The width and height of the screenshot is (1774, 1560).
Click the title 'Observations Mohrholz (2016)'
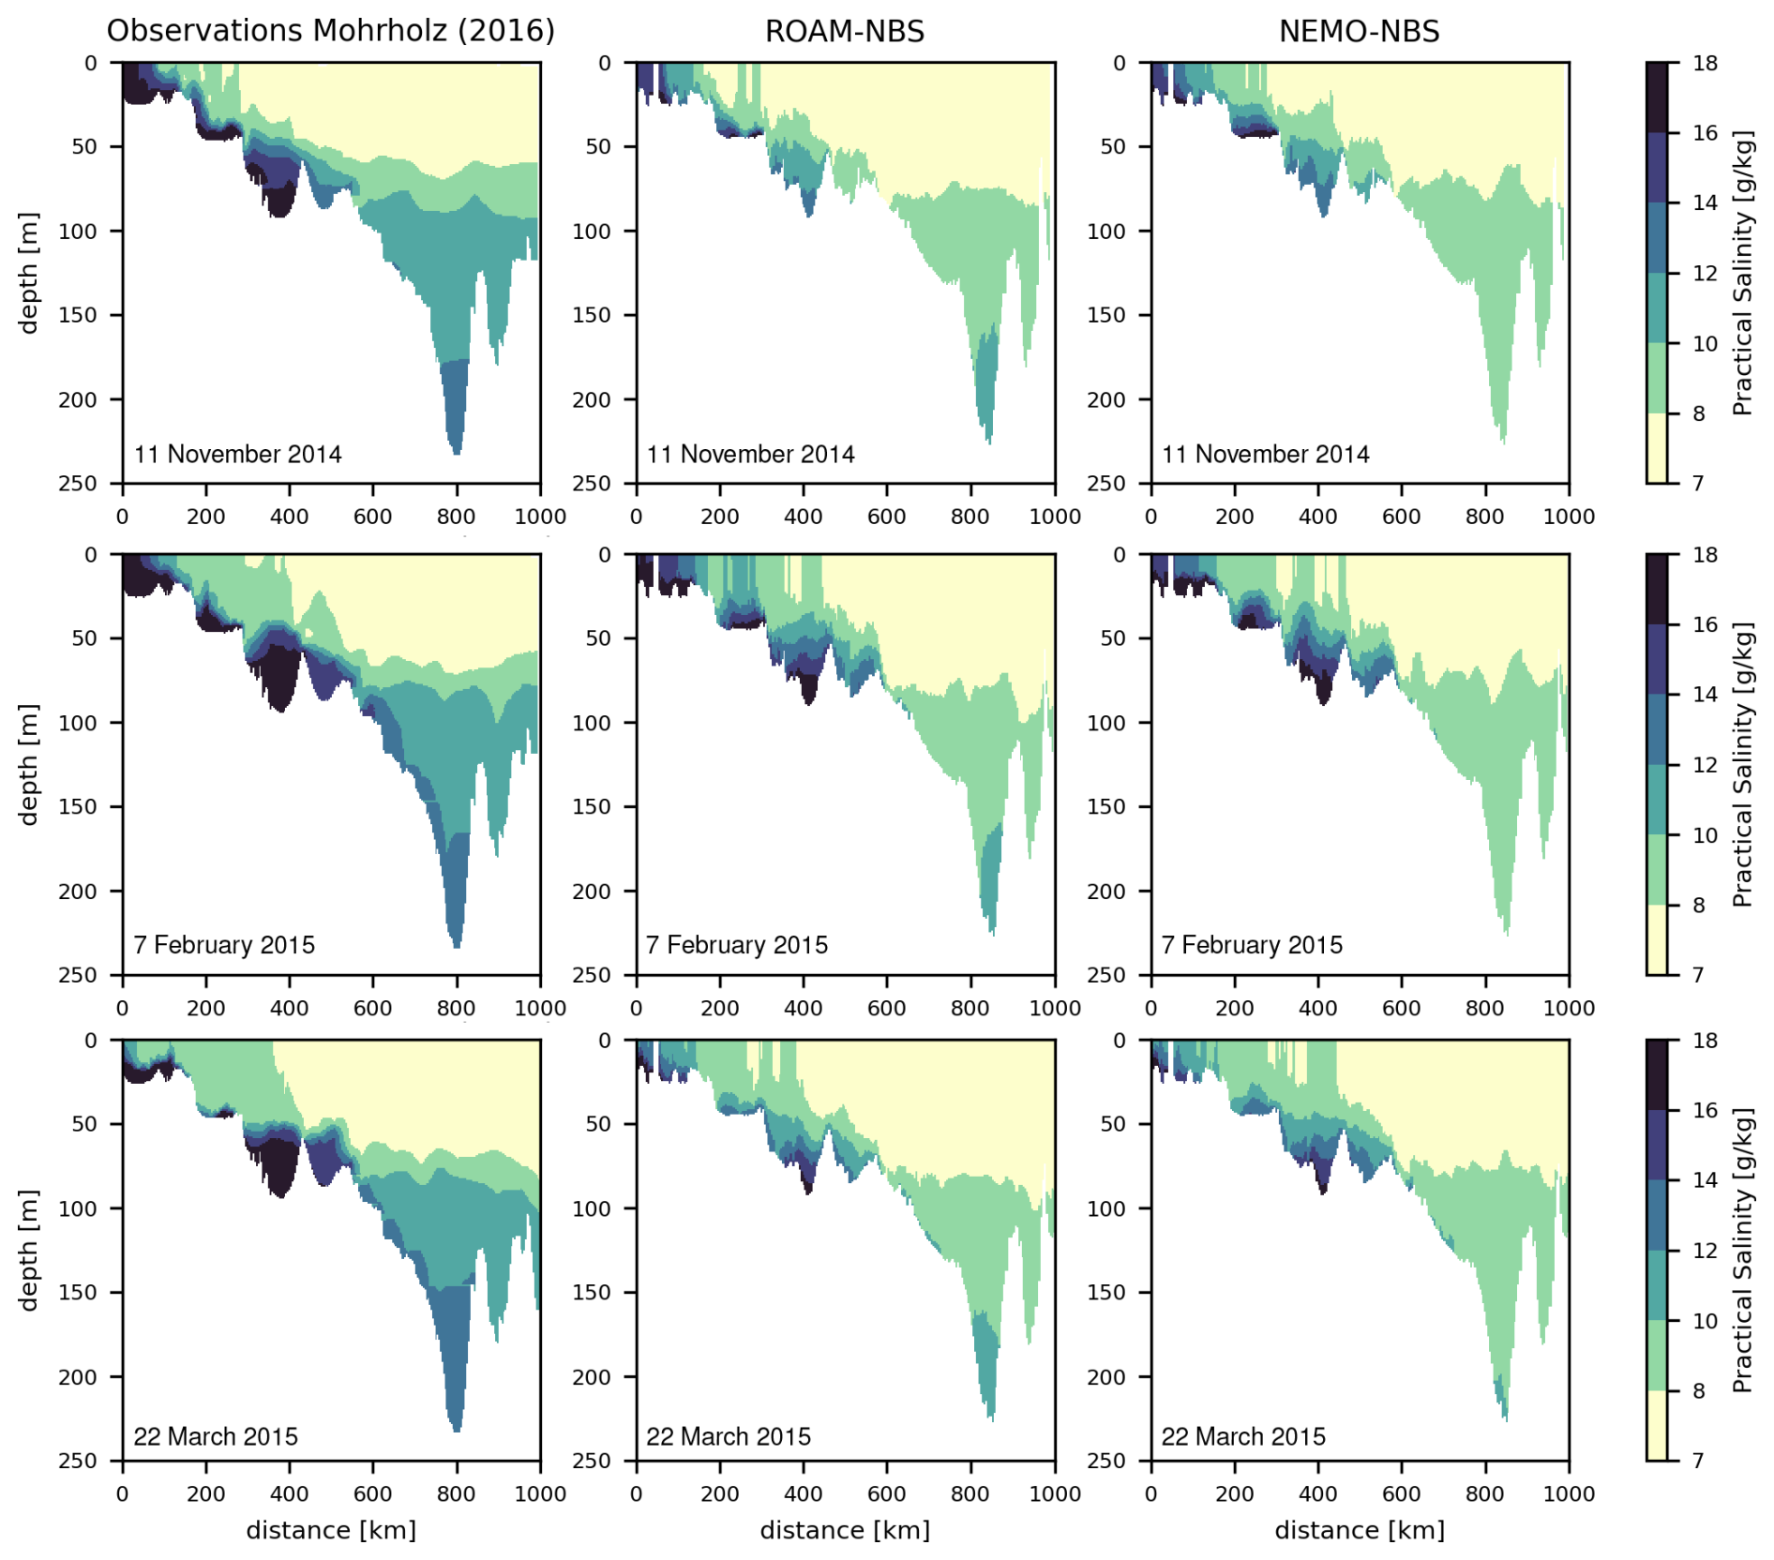pyautogui.click(x=330, y=31)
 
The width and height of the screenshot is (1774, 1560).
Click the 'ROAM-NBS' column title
pyautogui.click(x=844, y=31)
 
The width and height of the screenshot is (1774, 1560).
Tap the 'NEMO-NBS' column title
pyautogui.click(x=1359, y=31)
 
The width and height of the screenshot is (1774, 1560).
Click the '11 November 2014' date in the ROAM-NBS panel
pyautogui.click(x=750, y=455)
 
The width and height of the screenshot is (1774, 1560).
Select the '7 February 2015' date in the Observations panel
pyautogui.click(x=224, y=945)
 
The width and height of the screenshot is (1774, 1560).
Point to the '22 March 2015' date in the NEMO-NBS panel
pyautogui.click(x=1243, y=1437)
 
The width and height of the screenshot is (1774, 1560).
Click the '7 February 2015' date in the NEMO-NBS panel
pyautogui.click(x=1252, y=945)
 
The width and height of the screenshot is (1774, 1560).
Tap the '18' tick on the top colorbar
pyautogui.click(x=1705, y=63)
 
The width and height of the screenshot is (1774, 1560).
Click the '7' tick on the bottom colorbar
pyautogui.click(x=1698, y=1460)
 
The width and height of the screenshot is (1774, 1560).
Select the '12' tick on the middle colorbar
pyautogui.click(x=1705, y=765)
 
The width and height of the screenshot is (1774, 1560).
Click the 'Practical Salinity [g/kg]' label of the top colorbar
pyautogui.click(x=1742, y=273)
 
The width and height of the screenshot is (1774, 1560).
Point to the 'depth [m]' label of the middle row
pyautogui.click(x=29, y=764)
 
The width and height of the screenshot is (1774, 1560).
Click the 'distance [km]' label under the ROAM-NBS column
pyautogui.click(x=844, y=1530)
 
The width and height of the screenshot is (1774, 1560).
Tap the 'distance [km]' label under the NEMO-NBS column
pyautogui.click(x=1359, y=1530)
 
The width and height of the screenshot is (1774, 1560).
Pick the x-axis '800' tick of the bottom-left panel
pyautogui.click(x=457, y=1493)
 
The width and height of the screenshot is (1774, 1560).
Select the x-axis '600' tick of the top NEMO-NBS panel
pyautogui.click(x=1401, y=517)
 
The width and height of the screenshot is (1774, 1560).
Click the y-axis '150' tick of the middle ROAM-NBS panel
pyautogui.click(x=592, y=806)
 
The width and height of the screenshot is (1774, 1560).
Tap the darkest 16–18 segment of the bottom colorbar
pyautogui.click(x=1657, y=1074)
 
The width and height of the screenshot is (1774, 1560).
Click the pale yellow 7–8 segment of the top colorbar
pyautogui.click(x=1657, y=448)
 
